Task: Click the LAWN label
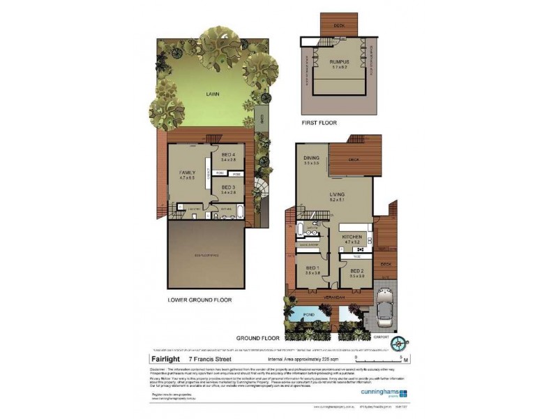coord(213,93)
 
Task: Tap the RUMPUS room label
coord(339,62)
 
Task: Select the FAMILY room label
coord(186,171)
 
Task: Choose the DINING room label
coord(311,159)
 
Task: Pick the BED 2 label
coord(356,270)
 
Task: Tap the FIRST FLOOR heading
coord(319,123)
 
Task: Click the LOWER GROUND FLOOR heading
coord(199,300)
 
